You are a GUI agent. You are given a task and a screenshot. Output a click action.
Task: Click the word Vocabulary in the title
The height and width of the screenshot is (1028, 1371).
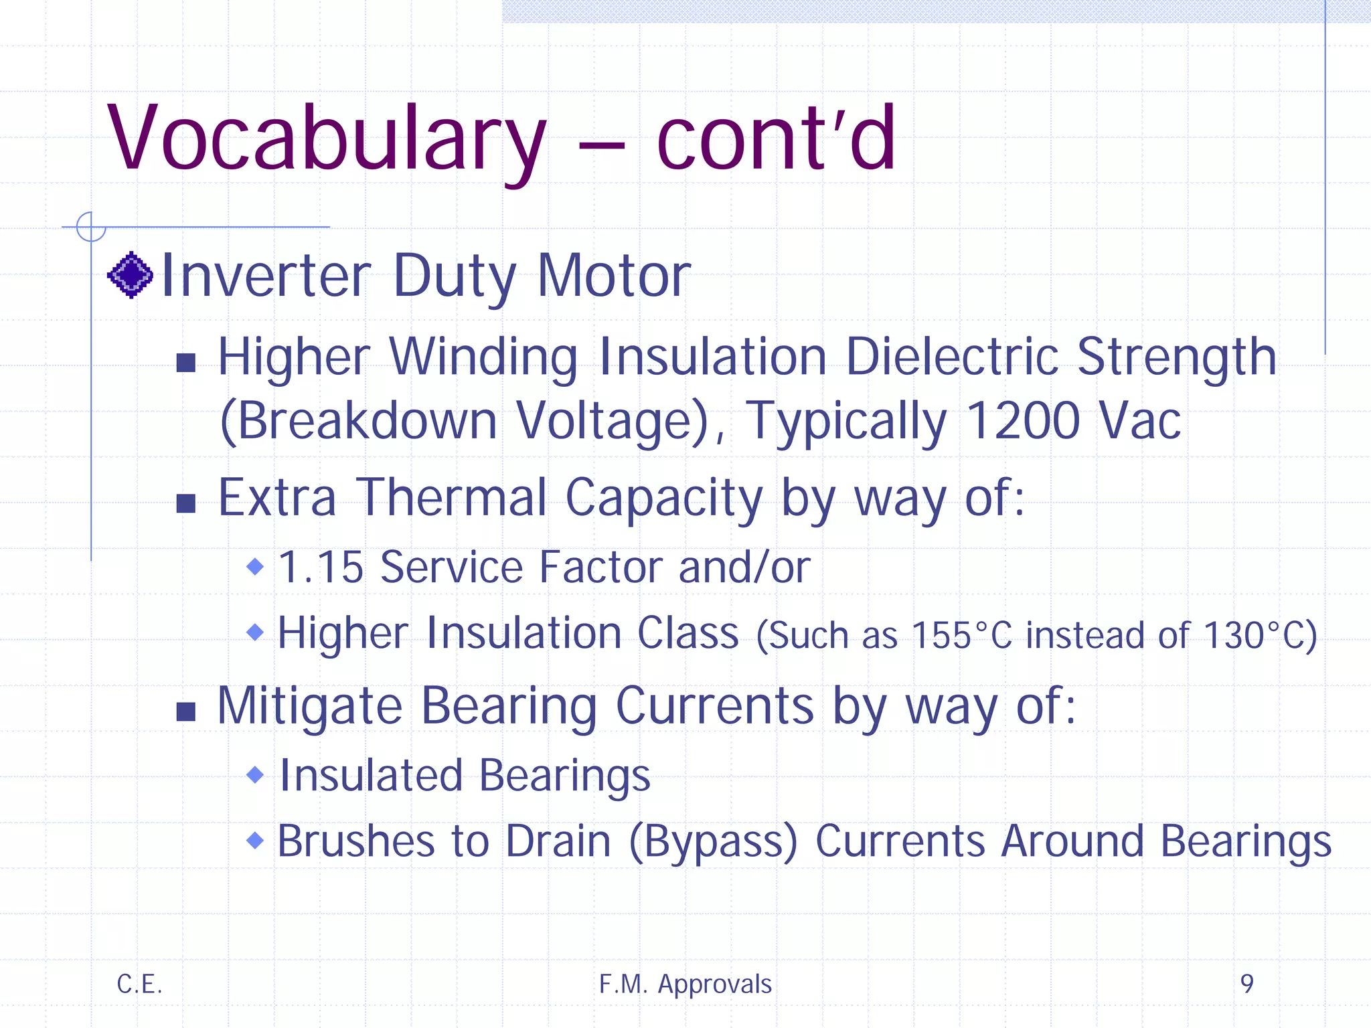pos(326,139)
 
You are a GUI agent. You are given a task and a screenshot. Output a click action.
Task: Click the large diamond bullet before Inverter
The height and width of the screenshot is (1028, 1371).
pos(131,275)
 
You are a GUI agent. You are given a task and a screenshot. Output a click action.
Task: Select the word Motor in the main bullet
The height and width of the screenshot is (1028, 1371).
pos(614,276)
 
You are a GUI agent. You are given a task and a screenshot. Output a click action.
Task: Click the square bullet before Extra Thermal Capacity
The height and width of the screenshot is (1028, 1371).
pos(185,503)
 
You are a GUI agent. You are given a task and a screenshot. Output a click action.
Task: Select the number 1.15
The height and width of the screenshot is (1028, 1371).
pos(321,568)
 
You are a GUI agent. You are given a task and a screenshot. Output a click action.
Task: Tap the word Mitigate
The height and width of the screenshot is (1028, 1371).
pos(309,707)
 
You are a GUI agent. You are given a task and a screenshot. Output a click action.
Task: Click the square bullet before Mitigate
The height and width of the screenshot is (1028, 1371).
pos(185,711)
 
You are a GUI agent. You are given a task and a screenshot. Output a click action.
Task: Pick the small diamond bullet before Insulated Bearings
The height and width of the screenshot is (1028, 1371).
pos(255,775)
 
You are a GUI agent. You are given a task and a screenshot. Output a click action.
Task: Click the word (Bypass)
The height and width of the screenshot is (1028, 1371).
pos(713,841)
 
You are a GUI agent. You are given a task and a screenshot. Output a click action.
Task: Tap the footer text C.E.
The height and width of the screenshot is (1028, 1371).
pos(139,984)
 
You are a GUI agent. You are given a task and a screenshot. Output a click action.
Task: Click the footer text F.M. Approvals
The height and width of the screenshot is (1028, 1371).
pos(685,984)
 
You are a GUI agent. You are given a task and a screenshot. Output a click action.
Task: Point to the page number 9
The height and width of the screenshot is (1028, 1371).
pos(1246,984)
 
